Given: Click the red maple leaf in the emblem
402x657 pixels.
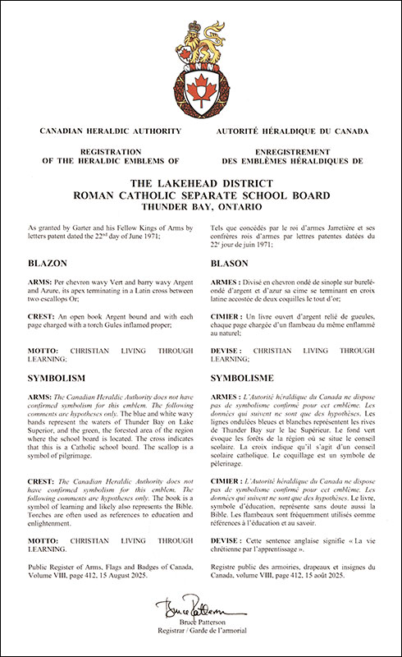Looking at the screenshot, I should [x=201, y=85].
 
